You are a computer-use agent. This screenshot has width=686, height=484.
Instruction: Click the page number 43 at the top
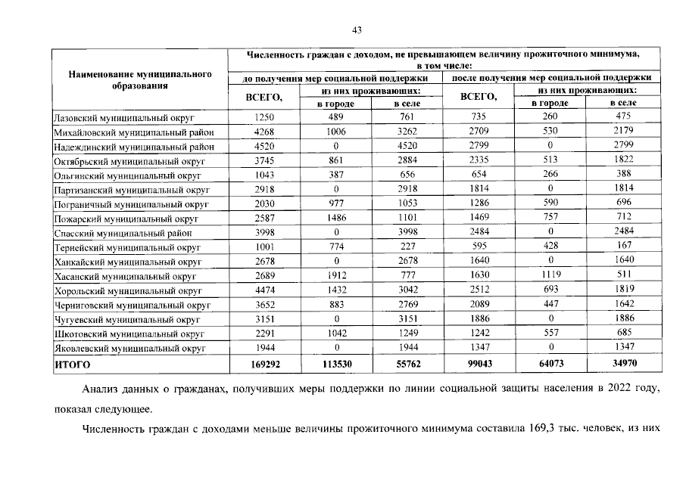[x=357, y=30]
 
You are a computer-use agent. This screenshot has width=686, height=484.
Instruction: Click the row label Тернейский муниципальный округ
[x=127, y=247]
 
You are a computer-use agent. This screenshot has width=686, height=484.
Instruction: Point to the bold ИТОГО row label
[x=72, y=365]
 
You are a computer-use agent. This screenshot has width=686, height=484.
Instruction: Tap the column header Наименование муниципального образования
[x=139, y=80]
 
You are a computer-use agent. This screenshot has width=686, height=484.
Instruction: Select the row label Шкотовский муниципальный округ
[x=128, y=334]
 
